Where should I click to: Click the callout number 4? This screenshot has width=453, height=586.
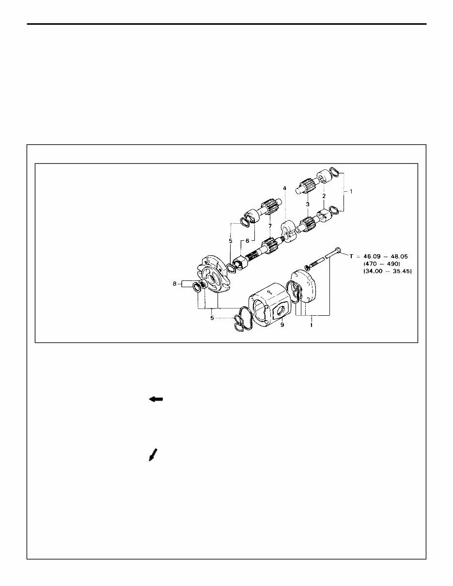point(285,188)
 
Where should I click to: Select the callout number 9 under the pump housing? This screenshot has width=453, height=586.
point(282,324)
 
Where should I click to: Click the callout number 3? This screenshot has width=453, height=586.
point(307,204)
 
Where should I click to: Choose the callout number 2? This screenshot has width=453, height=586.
point(324,196)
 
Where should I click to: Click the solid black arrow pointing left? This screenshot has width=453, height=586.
point(156,399)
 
